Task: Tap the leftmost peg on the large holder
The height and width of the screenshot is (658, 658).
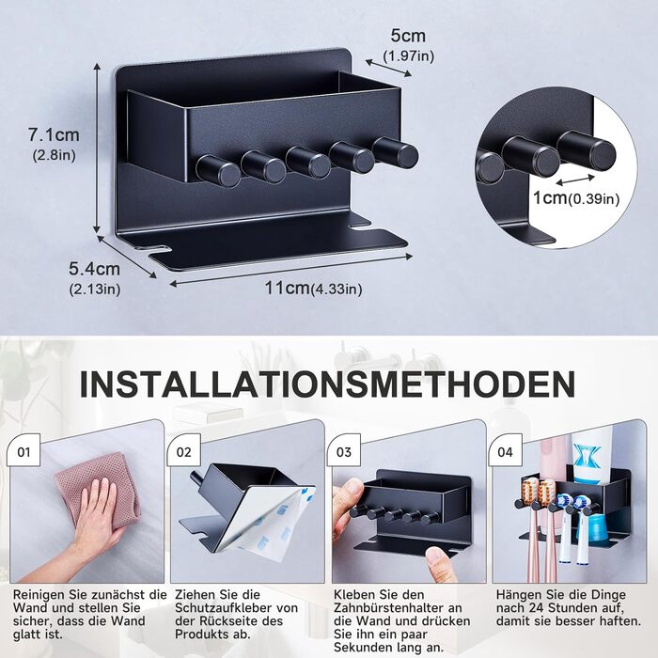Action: (x=218, y=171)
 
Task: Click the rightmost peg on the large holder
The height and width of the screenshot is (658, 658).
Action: (x=396, y=152)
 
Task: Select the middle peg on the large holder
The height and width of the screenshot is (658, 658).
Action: (x=307, y=162)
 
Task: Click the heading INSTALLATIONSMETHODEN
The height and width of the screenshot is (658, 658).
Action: (x=327, y=384)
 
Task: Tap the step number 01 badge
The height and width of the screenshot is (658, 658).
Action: (x=23, y=452)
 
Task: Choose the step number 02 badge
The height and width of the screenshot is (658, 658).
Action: (x=184, y=452)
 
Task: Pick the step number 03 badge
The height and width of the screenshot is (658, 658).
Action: (x=344, y=452)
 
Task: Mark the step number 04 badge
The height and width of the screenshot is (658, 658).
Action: (x=506, y=452)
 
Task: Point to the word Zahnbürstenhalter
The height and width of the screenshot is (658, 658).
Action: (x=398, y=607)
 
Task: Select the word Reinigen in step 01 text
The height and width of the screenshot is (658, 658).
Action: (x=38, y=595)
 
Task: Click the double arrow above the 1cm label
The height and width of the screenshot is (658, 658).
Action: (x=575, y=180)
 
